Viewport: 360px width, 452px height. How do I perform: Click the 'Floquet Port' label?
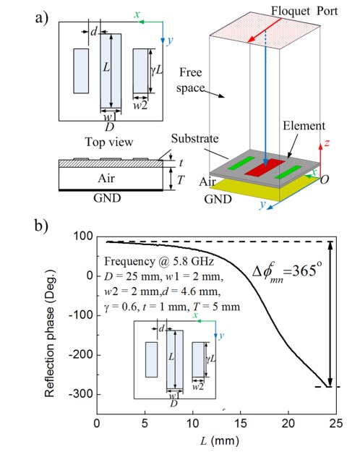coord(304,11)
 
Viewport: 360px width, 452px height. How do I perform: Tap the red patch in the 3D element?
coord(265,166)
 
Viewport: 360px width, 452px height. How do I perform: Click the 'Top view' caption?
coord(109,142)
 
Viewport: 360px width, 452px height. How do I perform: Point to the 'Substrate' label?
coord(195,139)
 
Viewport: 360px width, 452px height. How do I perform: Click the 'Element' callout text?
coord(304,126)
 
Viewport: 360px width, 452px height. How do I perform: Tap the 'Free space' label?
coord(191,80)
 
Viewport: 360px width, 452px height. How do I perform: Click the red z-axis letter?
coord(327,142)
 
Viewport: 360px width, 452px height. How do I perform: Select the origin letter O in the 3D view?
coord(325,179)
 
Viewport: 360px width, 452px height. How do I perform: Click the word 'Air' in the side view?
coord(106,179)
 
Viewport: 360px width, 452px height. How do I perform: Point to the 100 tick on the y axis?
coord(83,236)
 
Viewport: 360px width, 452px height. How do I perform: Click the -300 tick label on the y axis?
coord(81,393)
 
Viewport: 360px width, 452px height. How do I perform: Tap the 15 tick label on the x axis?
coord(241,423)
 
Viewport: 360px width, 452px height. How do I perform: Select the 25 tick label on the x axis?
coord(336,423)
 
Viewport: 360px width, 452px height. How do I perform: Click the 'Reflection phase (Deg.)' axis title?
coord(49,333)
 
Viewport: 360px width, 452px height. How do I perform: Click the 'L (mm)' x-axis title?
coord(220,440)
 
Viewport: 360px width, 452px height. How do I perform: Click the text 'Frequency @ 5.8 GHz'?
coord(159,262)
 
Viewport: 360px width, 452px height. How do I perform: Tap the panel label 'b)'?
coord(41,226)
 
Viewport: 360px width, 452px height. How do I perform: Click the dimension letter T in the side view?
coord(181,180)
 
